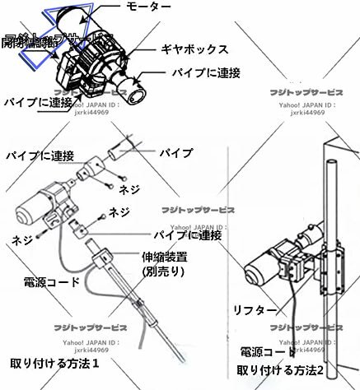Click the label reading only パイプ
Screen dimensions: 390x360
(x=175, y=154)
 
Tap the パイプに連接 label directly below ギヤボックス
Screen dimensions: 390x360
(x=206, y=72)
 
